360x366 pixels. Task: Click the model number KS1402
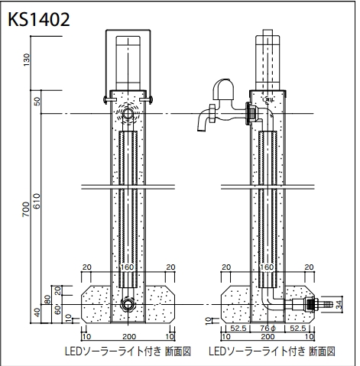coord(39,20)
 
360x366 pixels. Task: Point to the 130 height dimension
coord(27,60)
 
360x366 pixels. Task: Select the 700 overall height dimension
coord(26,209)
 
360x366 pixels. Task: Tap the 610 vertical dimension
coord(37,201)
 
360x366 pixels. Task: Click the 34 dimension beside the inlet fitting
coord(338,304)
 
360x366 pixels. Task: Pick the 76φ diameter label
coord(268,329)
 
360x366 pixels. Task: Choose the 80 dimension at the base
coord(47,300)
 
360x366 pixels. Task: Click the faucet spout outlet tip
coord(201,130)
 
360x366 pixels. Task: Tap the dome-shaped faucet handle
coord(223,89)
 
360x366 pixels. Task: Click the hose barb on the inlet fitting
coord(326,304)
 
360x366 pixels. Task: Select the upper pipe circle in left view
coord(128,114)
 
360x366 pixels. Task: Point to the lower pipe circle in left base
coord(128,304)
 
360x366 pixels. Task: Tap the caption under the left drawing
coord(128,351)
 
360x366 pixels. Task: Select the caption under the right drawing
coord(272,351)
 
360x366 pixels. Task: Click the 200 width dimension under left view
coord(129,336)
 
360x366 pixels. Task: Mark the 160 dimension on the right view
coord(267,267)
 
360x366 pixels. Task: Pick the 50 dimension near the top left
coord(37,102)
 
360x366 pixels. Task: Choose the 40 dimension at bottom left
coord(37,313)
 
